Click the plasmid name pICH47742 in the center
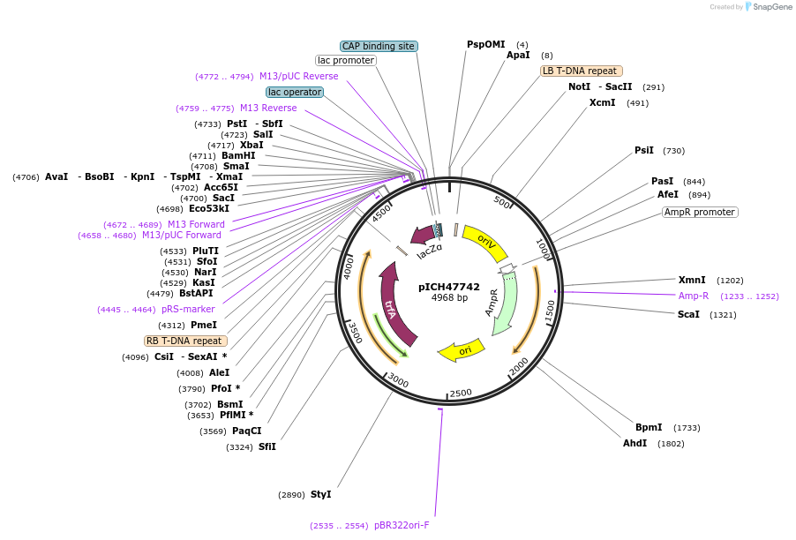tap(449, 286)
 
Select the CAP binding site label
tap(379, 46)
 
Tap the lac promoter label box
tap(346, 61)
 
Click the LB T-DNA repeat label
tap(582, 71)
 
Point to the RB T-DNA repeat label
tap(185, 341)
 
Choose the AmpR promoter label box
tap(700, 212)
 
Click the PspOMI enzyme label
tap(486, 44)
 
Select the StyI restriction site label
tap(320, 494)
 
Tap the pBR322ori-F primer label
tap(402, 524)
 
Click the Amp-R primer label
tap(694, 296)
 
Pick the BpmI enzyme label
tap(648, 427)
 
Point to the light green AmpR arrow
tap(500, 304)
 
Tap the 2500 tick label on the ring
tap(461, 393)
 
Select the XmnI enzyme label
tap(692, 280)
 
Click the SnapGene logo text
tap(772, 7)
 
